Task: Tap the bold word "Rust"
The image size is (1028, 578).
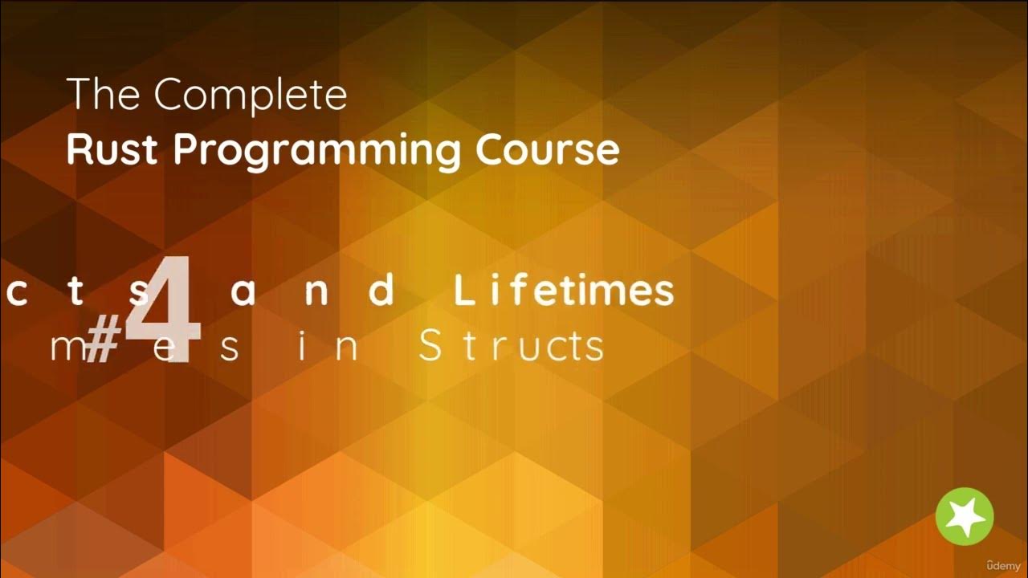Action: tap(113, 149)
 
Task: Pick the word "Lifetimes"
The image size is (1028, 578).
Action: tap(564, 291)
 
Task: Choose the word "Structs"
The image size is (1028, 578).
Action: tap(512, 347)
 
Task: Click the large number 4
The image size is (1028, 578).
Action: tap(165, 308)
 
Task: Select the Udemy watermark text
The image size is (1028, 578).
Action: tap(1004, 565)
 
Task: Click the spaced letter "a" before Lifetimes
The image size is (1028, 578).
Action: tap(243, 293)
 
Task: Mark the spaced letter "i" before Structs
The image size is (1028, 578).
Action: tap(304, 347)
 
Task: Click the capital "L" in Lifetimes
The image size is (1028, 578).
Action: tap(464, 291)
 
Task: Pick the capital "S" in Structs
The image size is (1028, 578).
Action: tap(430, 347)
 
